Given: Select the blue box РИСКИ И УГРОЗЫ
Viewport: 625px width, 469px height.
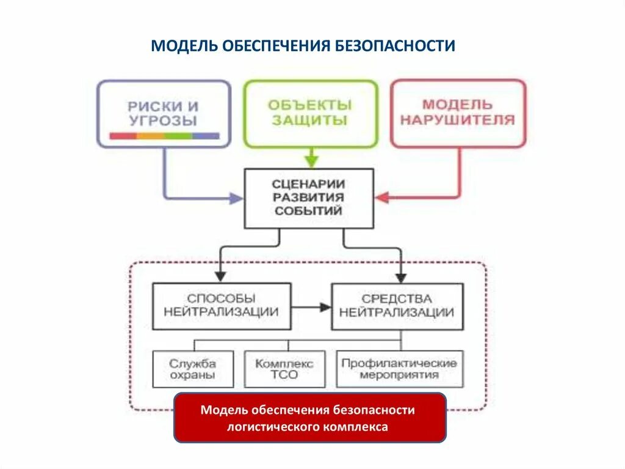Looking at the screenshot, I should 164,113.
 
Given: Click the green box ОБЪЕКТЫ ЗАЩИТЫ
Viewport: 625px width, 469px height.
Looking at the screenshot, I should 311,113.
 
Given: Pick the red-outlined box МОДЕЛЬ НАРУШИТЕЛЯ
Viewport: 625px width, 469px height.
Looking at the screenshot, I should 457,113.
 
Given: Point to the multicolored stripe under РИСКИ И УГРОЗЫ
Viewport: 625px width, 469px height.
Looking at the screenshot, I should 164,136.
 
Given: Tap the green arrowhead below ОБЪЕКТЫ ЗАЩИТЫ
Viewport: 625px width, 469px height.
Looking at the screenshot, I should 311,162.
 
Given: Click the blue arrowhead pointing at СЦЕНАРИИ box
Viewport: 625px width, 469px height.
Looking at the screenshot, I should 237,198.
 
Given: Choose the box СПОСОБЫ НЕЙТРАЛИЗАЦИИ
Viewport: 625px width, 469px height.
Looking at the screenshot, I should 221,306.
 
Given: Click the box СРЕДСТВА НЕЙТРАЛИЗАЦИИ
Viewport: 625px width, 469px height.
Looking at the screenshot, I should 397,306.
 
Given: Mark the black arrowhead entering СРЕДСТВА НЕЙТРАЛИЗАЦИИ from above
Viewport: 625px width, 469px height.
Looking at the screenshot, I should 400,276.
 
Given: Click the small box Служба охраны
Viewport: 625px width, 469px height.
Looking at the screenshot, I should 193,369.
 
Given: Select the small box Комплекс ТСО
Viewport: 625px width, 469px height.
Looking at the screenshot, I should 284,369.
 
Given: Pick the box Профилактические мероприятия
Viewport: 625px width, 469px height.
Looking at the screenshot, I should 399,369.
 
